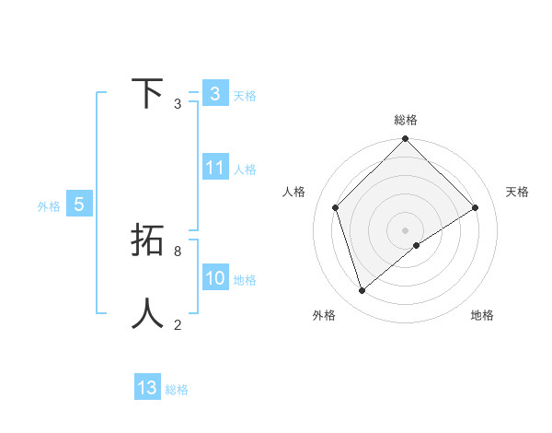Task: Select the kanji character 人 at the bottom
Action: (147, 313)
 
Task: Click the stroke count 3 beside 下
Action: (178, 104)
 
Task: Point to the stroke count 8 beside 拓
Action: (178, 251)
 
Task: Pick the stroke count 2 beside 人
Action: (178, 324)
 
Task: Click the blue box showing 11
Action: (215, 168)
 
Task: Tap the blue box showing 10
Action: (215, 278)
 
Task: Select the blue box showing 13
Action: (147, 388)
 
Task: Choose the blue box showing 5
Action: (79, 205)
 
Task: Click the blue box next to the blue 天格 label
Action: (215, 94)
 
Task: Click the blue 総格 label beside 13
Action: (177, 390)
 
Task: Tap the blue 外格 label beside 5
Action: (49, 206)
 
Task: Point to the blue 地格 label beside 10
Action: (245, 280)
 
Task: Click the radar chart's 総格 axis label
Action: (406, 120)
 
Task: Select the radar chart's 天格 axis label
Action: (518, 192)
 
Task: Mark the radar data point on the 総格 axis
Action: (406, 140)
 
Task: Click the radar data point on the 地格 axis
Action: (417, 245)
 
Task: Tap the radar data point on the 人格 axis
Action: (336, 207)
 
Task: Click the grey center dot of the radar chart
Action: (406, 229)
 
